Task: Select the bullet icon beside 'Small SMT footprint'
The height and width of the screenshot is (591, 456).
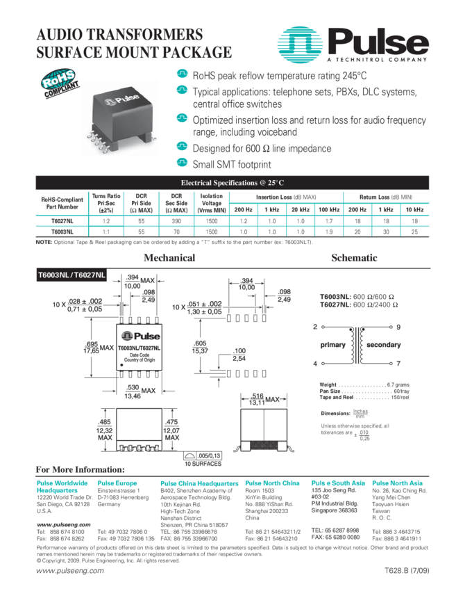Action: coord(182,164)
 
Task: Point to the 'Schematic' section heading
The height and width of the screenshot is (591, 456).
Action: coord(354,258)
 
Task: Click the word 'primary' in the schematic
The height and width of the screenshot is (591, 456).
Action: coord(332,345)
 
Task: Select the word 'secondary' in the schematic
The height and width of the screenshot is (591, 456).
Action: coord(383,345)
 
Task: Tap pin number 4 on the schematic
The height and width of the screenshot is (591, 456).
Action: coord(315,364)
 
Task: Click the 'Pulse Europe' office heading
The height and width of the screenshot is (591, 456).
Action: coord(117,483)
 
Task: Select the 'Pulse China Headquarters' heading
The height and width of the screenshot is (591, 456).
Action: coord(199,483)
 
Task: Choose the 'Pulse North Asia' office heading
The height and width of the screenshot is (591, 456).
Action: coord(397,483)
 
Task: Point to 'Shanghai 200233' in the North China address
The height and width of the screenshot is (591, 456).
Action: coord(267,510)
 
